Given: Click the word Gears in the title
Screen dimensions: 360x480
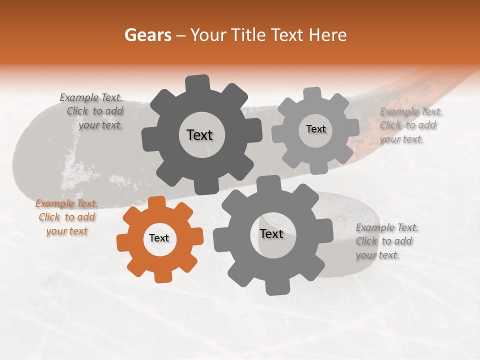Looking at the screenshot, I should (147, 35).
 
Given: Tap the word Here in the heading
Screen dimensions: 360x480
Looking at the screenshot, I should (327, 35).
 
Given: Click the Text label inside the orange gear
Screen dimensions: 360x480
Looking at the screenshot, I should (159, 238).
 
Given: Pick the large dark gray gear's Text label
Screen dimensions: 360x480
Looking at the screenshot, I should (199, 135).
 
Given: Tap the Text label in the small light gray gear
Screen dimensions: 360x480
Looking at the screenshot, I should (315, 129).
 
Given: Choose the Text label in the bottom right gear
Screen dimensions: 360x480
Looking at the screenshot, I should (271, 233).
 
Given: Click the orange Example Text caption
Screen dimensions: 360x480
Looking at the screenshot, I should (67, 217).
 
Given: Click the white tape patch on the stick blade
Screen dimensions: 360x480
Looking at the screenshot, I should (75, 170).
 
